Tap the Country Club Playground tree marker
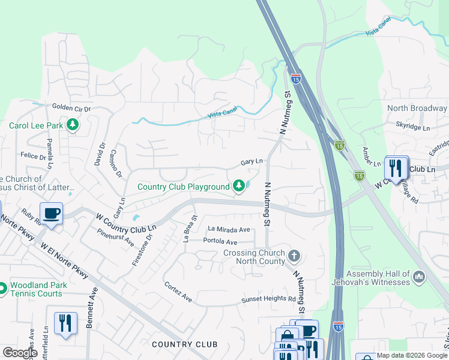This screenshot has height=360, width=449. pyautogui.click(x=239, y=187)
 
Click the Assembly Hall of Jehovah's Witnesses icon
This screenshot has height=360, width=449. pyautogui.click(x=419, y=277)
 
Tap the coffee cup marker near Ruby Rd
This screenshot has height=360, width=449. pyautogui.click(x=51, y=214)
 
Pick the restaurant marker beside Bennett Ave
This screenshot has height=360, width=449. pyautogui.click(x=65, y=323)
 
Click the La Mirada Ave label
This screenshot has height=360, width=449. pyautogui.click(x=229, y=229)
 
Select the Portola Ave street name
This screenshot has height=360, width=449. pyautogui.click(x=220, y=241)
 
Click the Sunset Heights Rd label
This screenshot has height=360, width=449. pyautogui.click(x=269, y=298)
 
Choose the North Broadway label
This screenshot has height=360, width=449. pyautogui.click(x=417, y=109)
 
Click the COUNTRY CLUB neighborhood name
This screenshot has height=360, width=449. pyautogui.click(x=184, y=344)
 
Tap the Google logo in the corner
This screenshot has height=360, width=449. pyautogui.click(x=20, y=352)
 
